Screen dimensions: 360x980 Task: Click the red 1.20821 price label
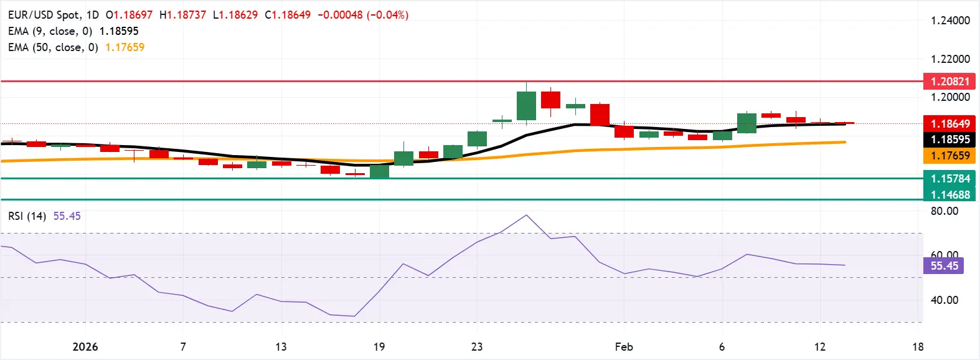coord(949,81)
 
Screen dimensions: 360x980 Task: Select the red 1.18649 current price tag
coord(949,123)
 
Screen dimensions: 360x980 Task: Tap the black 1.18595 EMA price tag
coord(949,140)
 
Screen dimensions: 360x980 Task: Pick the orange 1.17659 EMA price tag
coord(949,156)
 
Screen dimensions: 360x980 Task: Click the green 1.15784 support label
coord(949,179)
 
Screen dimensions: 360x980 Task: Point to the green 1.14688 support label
coord(949,194)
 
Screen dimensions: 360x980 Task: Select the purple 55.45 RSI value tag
coord(944,266)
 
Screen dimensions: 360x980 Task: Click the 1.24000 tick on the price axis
coord(950,21)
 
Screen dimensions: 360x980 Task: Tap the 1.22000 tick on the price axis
coord(950,59)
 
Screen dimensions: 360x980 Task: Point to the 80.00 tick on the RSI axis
coord(945,211)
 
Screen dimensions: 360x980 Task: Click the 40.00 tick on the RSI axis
coord(945,300)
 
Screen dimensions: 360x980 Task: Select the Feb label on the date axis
coord(624,347)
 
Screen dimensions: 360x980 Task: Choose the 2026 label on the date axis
coord(85,347)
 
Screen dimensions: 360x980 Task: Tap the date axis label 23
coord(477,347)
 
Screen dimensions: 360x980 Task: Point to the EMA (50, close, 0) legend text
coord(53,47)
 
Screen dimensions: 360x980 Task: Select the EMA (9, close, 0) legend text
coord(50,31)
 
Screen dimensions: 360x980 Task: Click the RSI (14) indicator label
coord(27,216)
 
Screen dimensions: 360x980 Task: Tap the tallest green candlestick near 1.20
coord(526,105)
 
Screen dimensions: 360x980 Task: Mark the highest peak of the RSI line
coord(527,216)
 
